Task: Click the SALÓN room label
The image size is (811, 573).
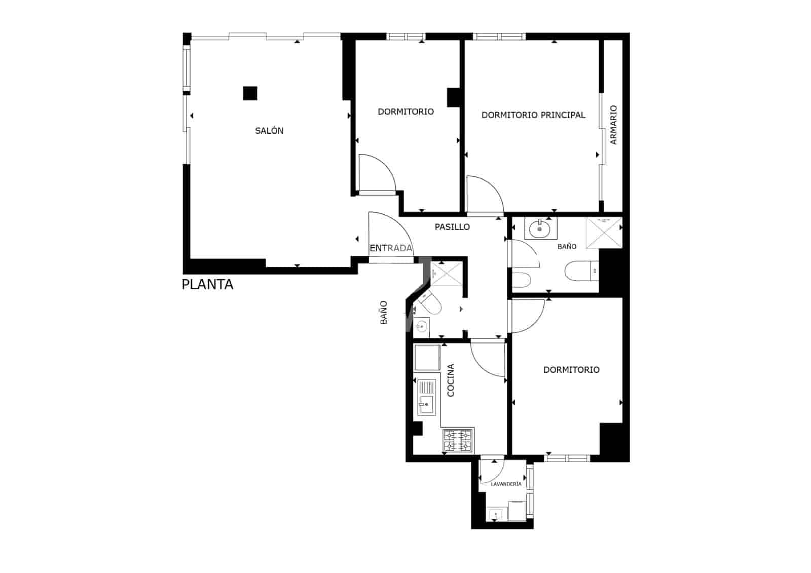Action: click(x=269, y=131)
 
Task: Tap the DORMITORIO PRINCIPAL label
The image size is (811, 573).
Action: click(x=533, y=115)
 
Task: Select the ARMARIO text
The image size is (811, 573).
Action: click(x=613, y=125)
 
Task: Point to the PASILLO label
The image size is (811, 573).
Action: click(x=452, y=227)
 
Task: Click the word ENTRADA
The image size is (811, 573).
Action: click(x=390, y=248)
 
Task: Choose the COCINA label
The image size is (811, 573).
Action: click(x=451, y=380)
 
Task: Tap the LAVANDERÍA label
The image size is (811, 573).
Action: click(x=506, y=484)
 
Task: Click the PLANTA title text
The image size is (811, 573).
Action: click(x=207, y=284)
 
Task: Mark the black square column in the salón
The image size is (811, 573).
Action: click(x=250, y=93)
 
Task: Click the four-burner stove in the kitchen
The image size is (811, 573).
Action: click(x=458, y=440)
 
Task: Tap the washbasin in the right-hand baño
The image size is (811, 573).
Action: click(x=540, y=228)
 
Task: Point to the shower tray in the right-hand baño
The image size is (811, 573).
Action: click(x=604, y=233)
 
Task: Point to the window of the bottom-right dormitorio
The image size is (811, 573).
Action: click(x=567, y=458)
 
